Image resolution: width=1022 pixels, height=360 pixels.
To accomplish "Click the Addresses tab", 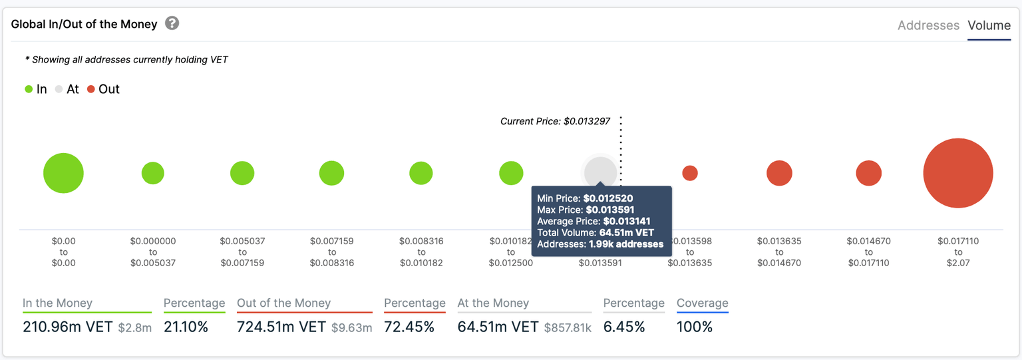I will coord(928,25).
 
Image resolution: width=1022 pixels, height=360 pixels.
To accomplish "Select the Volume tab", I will coord(989,25).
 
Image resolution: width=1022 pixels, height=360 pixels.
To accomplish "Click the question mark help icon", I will coord(172,23).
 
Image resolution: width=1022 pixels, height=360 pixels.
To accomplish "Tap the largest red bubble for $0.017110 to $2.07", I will coord(957,173).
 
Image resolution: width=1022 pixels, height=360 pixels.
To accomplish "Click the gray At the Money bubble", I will coord(599,172).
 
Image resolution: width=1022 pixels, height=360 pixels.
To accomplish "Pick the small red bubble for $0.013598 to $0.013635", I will coord(690,173).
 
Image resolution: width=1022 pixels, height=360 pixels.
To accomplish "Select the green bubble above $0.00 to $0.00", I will coord(63,173).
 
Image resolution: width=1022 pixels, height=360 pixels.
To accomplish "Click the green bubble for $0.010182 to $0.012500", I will coord(511,173).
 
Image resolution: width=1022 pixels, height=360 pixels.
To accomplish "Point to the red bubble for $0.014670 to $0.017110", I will coord(868,173).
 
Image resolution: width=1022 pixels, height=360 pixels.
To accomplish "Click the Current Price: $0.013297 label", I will coord(555,122).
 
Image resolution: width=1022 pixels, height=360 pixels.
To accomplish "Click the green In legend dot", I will coord(29,89).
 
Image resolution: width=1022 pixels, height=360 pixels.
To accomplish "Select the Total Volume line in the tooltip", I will coord(596,233).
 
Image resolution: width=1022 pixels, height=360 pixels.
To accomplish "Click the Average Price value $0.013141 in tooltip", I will coord(626,221).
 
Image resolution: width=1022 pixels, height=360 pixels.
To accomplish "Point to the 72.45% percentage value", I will coord(409,327).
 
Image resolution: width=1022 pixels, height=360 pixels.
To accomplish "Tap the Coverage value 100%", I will coord(695,327).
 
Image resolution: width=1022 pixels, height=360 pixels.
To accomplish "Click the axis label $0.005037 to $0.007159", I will coord(242,252).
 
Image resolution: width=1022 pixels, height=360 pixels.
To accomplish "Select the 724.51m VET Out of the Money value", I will coord(281,327).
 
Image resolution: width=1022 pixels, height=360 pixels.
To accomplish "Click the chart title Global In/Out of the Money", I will coord(85,24).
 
